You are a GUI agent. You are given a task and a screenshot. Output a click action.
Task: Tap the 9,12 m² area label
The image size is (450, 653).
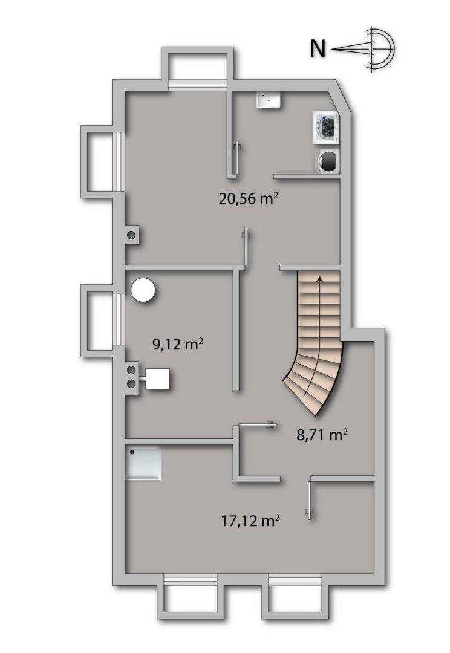(x=177, y=345)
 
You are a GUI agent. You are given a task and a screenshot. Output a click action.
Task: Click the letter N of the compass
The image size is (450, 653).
(x=318, y=48)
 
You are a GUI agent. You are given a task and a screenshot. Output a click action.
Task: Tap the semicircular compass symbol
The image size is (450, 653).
(x=378, y=48)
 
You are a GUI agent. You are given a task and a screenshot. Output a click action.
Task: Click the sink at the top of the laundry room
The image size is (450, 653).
(x=269, y=100)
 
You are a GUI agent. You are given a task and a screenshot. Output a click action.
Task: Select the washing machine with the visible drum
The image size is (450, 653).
(x=327, y=128)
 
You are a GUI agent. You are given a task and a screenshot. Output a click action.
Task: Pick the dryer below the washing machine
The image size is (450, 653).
(x=327, y=160)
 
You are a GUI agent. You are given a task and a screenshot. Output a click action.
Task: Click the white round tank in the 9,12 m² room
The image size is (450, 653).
(x=145, y=289)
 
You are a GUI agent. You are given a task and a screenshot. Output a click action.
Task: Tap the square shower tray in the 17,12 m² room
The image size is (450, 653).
(x=143, y=463)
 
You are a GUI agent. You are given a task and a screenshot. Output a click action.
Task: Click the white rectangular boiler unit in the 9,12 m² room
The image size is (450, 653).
(x=157, y=379)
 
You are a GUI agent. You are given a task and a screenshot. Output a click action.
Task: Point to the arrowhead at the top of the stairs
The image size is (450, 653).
(x=319, y=278)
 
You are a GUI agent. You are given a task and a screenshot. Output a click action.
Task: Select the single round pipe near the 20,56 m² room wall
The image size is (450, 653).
(x=131, y=235)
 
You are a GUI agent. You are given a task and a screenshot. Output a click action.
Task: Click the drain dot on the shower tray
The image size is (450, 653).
(x=132, y=451)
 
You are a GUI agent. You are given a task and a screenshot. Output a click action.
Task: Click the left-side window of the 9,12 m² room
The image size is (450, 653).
(x=119, y=320)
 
